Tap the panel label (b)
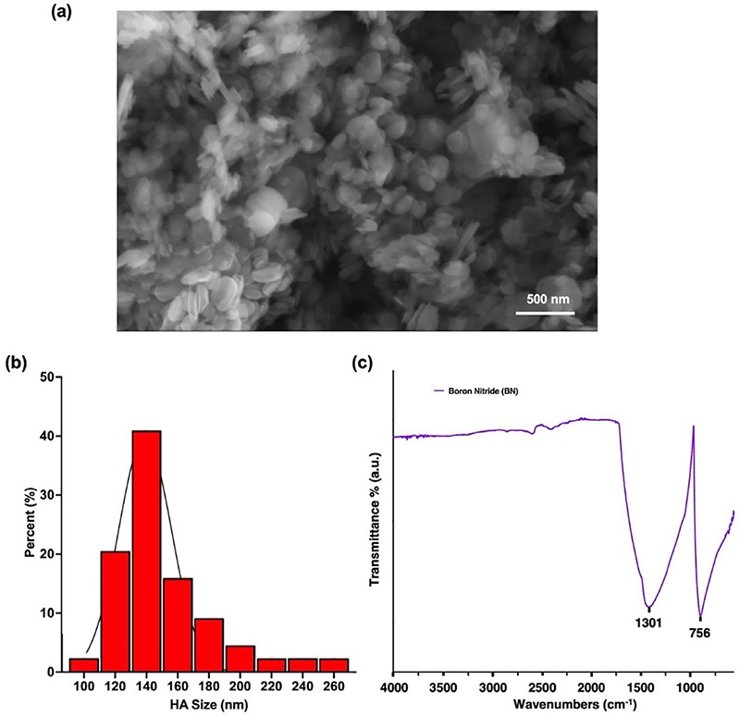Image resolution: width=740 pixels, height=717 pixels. pos(17,363)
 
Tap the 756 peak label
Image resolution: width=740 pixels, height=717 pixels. pos(700,634)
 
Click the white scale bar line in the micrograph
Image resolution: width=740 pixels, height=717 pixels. pos(545,313)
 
